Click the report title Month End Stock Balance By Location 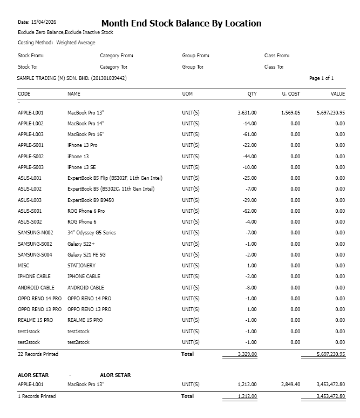(x=181, y=24)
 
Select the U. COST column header (x=291, y=94)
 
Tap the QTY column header (x=252, y=94)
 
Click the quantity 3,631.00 (x=247, y=113)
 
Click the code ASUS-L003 (x=30, y=200)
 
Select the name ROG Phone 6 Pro (x=86, y=211)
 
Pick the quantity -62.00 (x=249, y=211)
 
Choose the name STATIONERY (x=81, y=266)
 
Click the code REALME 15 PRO (x=36, y=320)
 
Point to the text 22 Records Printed (x=38, y=354)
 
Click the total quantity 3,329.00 (x=247, y=354)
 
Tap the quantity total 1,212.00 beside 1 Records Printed (x=247, y=396)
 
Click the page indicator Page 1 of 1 (x=321, y=78)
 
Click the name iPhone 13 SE (x=82, y=167)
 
